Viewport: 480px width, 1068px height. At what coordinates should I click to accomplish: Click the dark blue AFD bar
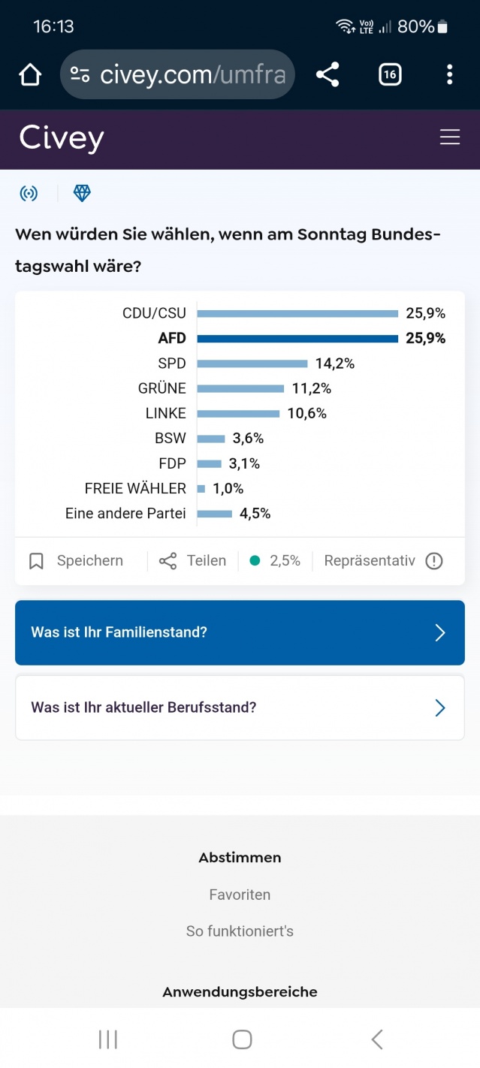[297, 339]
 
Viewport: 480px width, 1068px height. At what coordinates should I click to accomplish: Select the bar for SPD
[252, 364]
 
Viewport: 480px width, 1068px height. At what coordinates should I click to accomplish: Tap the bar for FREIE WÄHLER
[201, 489]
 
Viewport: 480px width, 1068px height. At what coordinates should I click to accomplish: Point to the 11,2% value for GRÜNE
[312, 388]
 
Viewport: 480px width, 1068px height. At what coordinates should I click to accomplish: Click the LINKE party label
[165, 414]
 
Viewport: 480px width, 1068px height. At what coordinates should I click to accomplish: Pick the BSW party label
[170, 439]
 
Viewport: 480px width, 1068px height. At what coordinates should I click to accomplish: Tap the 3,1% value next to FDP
[244, 464]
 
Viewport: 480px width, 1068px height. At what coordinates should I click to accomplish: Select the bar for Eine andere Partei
[215, 514]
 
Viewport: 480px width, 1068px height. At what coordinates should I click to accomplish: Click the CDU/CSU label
[154, 313]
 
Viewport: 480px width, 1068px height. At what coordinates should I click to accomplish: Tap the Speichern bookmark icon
[36, 561]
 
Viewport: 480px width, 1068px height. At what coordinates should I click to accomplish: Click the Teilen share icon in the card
[168, 561]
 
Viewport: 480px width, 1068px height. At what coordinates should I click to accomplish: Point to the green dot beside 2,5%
[255, 560]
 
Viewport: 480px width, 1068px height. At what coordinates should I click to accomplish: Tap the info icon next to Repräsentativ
[434, 561]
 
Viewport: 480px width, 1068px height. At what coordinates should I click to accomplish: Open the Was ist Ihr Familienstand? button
[240, 632]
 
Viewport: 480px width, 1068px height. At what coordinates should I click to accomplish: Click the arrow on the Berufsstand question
[440, 707]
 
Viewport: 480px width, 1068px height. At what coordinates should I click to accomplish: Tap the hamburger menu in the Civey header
[450, 137]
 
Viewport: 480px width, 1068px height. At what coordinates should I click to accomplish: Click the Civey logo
[62, 138]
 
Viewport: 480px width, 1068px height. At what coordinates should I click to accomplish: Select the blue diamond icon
[82, 194]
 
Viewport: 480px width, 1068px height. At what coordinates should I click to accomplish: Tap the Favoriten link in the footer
[240, 895]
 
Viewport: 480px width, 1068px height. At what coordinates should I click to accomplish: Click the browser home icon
[30, 74]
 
